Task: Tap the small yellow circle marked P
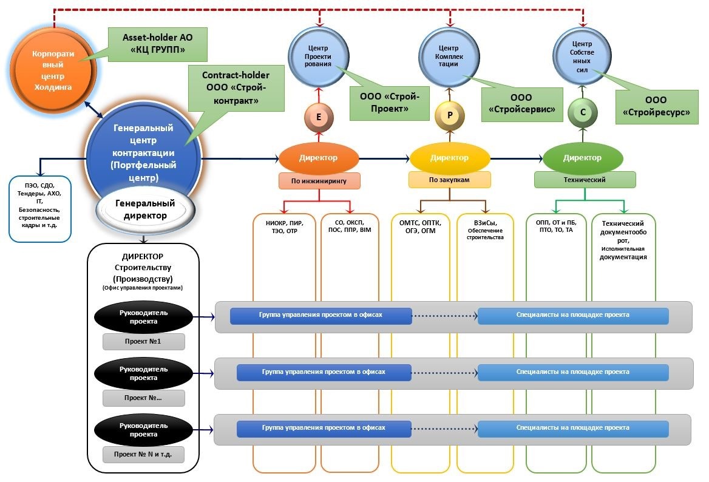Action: pyautogui.click(x=450, y=115)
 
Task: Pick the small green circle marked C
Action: pyautogui.click(x=583, y=112)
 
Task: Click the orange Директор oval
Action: pyautogui.click(x=318, y=158)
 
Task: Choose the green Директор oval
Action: pyautogui.click(x=582, y=158)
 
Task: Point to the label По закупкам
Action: pyautogui.click(x=449, y=180)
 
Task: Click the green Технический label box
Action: pyautogui.click(x=585, y=180)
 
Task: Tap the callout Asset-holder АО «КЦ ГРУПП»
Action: pyautogui.click(x=157, y=44)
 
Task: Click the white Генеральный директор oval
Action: pyautogui.click(x=146, y=209)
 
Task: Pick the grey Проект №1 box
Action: pyautogui.click(x=143, y=342)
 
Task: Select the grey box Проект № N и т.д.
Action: pyautogui.click(x=143, y=455)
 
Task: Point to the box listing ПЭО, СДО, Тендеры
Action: pyautogui.click(x=40, y=205)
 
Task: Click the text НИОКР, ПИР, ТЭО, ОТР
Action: pyautogui.click(x=284, y=227)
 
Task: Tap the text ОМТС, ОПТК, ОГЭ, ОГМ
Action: pyautogui.click(x=420, y=227)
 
